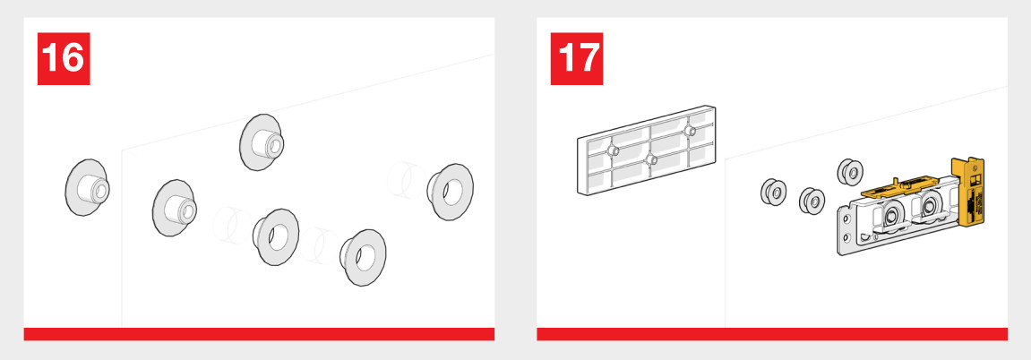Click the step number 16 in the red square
[64, 58]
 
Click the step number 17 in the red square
[577, 58]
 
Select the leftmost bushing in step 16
[86, 187]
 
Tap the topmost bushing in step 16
[261, 141]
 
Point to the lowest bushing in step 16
[363, 258]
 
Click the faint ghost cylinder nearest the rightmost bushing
[407, 180]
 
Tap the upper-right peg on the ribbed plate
[689, 131]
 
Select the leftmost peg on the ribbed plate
[613, 151]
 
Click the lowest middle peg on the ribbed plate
[651, 159]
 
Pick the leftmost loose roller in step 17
[773, 192]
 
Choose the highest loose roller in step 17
[850, 172]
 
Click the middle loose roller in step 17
[812, 201]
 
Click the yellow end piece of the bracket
[969, 191]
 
